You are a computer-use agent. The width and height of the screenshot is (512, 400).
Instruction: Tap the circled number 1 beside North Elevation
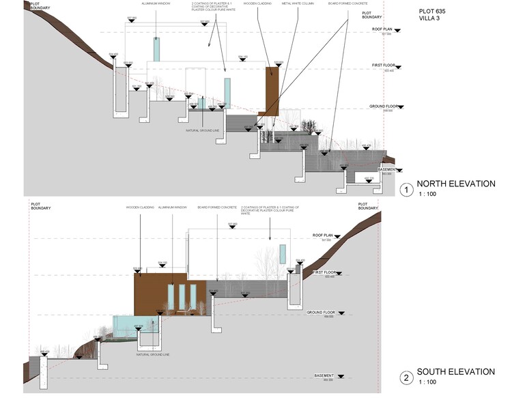406,188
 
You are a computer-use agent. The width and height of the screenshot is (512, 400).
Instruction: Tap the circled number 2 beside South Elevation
406,377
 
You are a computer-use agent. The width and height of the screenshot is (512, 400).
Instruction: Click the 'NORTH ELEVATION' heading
455,184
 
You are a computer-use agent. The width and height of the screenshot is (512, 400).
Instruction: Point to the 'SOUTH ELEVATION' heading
455,372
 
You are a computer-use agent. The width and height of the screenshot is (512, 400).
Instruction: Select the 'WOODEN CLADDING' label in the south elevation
139,207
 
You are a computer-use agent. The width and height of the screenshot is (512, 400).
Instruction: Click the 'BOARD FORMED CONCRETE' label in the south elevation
217,207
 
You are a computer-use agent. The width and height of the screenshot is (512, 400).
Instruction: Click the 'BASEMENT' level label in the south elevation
324,375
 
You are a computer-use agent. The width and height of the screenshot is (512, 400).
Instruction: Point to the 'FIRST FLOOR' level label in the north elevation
384,66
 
